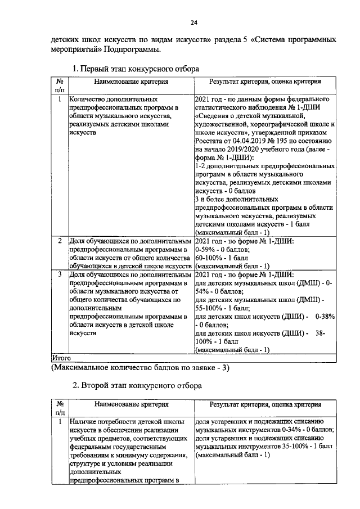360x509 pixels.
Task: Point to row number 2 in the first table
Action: tap(60, 241)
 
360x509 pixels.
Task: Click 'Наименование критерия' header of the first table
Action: tap(131, 82)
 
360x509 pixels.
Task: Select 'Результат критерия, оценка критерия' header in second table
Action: tap(265, 404)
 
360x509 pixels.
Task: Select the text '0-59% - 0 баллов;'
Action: tap(223, 249)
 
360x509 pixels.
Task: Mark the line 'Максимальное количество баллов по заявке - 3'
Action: tap(139, 367)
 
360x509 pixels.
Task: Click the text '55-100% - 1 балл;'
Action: tap(223, 308)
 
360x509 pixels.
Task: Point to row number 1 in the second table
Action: tap(60, 421)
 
